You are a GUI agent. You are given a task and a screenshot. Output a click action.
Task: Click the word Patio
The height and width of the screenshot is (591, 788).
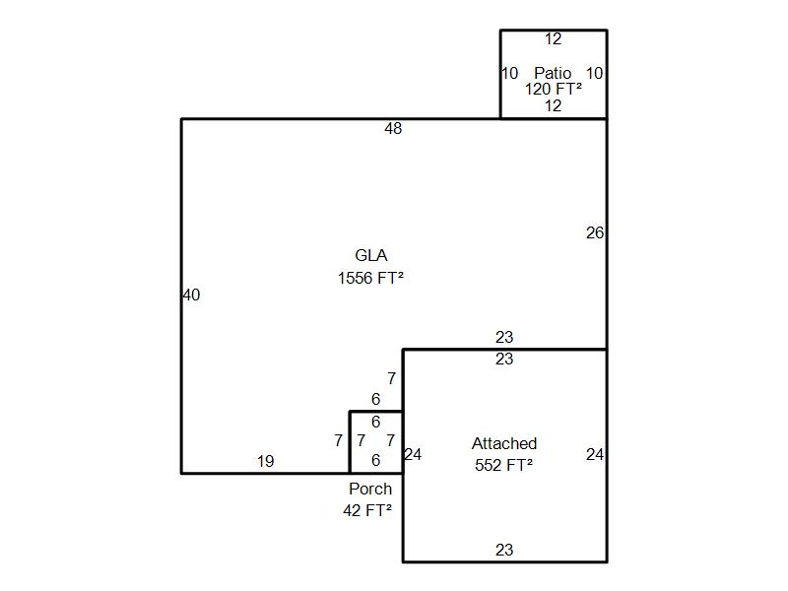[553, 73]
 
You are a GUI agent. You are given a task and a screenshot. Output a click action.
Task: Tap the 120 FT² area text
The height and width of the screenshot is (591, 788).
[553, 89]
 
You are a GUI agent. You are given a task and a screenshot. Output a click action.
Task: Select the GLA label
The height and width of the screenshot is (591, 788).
[370, 256]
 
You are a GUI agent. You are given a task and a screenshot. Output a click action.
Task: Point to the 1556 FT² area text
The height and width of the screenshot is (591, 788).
[370, 278]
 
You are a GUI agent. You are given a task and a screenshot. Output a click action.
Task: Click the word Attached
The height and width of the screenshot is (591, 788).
[504, 444]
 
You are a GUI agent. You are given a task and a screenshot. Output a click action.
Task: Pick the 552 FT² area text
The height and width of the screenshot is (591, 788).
[504, 465]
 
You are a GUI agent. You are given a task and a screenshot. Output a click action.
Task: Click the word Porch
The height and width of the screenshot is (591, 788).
[370, 489]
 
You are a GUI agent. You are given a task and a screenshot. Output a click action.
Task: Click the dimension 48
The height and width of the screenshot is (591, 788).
[393, 128]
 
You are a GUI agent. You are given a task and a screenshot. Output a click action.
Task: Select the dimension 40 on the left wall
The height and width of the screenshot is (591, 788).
[191, 295]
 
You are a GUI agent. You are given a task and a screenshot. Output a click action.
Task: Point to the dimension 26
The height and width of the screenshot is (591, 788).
[595, 233]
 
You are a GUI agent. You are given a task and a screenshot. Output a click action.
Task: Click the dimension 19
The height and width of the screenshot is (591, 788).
[265, 461]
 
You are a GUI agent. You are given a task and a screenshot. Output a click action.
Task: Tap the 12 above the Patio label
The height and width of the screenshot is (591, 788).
[554, 39]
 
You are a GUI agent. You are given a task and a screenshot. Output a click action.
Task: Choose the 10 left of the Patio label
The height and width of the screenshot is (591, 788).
[509, 73]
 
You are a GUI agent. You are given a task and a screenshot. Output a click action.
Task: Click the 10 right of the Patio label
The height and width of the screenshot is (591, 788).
[595, 73]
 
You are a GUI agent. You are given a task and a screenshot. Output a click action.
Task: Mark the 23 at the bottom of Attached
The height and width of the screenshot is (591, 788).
[504, 551]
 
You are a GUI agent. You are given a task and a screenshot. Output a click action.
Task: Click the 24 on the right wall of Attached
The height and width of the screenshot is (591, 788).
[595, 455]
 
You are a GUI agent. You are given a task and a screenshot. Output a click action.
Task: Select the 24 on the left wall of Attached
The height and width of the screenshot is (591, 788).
[413, 455]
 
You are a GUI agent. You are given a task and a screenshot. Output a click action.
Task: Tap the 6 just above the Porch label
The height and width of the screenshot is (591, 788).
[376, 460]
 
